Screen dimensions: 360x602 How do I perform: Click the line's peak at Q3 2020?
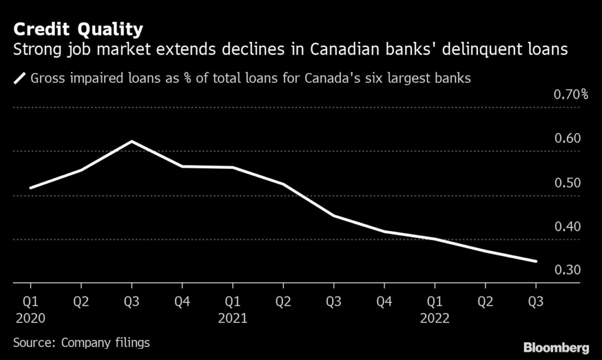(x=132, y=141)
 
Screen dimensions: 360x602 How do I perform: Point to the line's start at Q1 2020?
(x=31, y=188)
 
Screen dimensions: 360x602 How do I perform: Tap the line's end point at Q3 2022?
(x=536, y=261)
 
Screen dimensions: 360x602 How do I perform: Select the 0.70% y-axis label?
(x=571, y=94)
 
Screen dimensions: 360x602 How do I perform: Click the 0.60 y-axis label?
(x=567, y=138)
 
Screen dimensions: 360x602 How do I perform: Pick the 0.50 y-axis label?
(x=567, y=182)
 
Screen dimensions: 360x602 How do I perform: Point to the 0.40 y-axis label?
(x=567, y=226)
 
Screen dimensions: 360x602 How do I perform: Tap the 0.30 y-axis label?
(x=567, y=270)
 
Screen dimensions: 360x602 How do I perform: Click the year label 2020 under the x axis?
(x=31, y=318)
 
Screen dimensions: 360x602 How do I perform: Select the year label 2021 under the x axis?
(x=233, y=318)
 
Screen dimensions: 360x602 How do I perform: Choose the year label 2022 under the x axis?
(x=434, y=318)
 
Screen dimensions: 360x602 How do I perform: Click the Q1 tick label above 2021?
(x=233, y=302)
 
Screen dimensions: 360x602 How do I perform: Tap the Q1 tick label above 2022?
(x=434, y=302)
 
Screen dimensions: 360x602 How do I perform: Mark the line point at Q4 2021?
(x=384, y=231)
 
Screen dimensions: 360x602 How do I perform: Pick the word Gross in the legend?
(x=48, y=78)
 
